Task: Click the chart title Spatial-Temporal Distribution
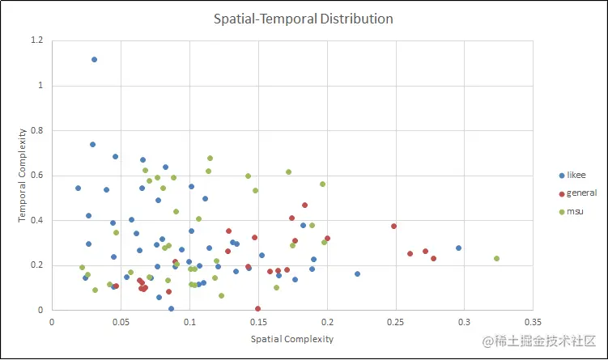tap(304, 19)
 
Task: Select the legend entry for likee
tap(576, 175)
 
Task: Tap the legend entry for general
tap(581, 193)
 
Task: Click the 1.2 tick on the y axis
tap(37, 40)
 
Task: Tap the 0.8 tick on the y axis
tap(37, 130)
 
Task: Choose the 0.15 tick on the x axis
tap(258, 321)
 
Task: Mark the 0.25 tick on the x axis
tap(396, 321)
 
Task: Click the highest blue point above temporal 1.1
tap(94, 60)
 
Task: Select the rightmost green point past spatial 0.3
tap(496, 259)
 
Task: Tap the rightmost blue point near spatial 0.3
tap(458, 248)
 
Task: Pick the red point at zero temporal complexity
tap(258, 308)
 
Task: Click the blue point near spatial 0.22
tap(357, 274)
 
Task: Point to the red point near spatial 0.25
tap(394, 227)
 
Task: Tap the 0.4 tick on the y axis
tap(37, 220)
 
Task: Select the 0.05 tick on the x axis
tap(121, 321)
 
